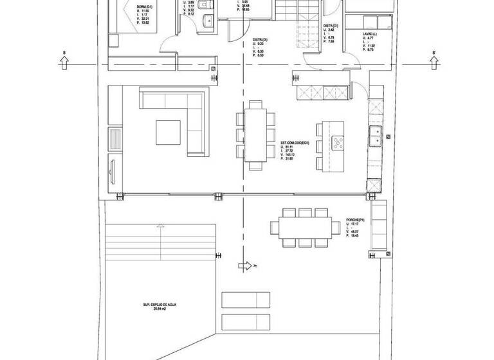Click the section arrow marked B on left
coord(64,61)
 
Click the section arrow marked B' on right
coord(435,62)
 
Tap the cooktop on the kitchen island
coord(337,142)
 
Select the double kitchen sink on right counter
coord(374,134)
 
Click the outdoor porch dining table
coord(305,226)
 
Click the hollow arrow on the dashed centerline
coord(245,265)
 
